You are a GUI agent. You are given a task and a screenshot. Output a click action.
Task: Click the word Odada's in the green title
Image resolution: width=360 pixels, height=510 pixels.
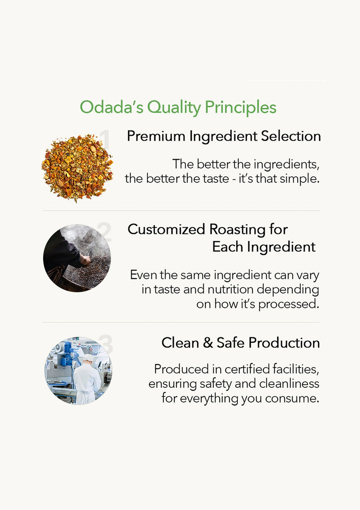(111, 107)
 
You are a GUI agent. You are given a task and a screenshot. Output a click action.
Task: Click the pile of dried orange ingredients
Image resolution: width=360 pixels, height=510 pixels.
(77, 167)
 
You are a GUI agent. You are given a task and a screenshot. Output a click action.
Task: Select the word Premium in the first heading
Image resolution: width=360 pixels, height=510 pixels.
(156, 136)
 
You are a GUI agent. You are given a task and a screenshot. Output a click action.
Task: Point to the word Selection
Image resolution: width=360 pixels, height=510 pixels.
(291, 136)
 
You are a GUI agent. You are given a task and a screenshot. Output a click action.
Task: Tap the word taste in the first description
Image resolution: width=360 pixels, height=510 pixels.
(216, 179)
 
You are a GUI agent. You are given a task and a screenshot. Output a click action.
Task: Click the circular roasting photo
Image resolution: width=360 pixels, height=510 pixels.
(77, 258)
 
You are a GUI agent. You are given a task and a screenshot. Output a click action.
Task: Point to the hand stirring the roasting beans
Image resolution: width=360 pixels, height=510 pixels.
(86, 260)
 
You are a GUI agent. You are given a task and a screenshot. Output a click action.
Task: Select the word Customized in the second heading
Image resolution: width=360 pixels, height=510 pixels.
(166, 229)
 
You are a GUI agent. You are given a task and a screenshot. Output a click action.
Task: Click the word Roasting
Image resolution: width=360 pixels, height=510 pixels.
(237, 230)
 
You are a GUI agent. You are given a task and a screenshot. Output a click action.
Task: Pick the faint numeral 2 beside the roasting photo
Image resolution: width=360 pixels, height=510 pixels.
(104, 232)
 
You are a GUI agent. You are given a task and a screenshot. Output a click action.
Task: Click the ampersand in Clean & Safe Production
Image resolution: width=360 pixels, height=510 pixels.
(208, 342)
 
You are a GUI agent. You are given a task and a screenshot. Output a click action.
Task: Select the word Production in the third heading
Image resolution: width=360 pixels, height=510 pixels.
(284, 342)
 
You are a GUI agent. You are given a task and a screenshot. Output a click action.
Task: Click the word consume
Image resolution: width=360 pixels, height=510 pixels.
(292, 399)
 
